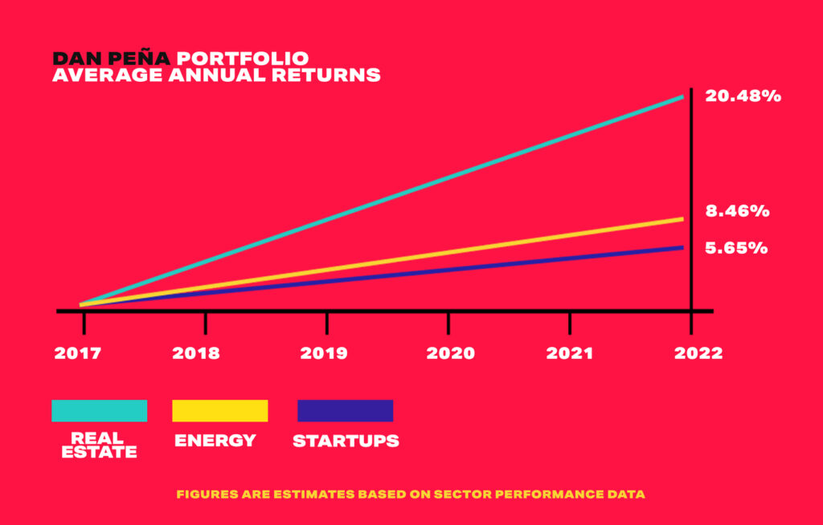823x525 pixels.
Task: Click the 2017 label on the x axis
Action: tap(78, 353)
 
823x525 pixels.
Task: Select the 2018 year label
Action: tap(196, 353)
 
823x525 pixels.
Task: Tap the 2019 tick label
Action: tap(323, 353)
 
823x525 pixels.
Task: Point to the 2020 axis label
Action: tap(450, 353)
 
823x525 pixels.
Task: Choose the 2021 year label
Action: tap(570, 353)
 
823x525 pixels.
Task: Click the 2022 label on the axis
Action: tap(698, 353)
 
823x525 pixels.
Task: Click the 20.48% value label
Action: tap(743, 96)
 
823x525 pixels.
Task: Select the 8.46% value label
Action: tap(737, 211)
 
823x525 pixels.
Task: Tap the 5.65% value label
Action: tap(736, 247)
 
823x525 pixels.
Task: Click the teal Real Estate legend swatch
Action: tap(99, 411)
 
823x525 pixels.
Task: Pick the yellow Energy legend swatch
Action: tap(220, 411)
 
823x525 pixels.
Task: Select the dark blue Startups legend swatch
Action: tap(346, 411)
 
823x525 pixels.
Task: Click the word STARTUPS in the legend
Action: tap(346, 441)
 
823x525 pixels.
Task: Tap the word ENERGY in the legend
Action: tap(215, 440)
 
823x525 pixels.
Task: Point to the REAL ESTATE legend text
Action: tap(99, 446)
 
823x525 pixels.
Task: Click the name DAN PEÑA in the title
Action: tap(111, 59)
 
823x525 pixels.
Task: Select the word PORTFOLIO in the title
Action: tap(243, 59)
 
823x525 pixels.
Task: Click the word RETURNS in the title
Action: tap(326, 75)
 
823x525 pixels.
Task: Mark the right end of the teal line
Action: tap(683, 96)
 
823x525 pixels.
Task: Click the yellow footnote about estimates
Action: tap(411, 494)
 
